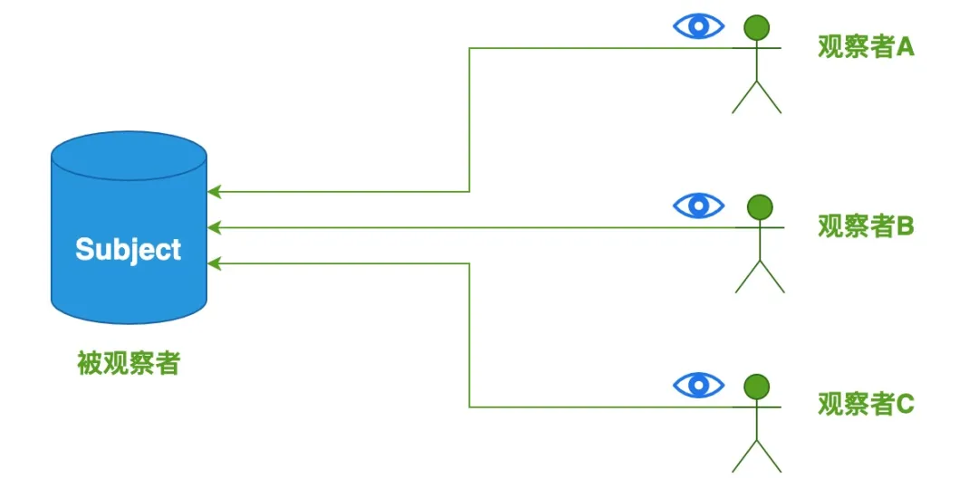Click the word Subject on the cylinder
[x=129, y=250]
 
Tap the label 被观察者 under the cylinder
[x=129, y=363]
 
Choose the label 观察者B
[x=866, y=227]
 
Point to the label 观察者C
[x=866, y=405]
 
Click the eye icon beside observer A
[x=698, y=26]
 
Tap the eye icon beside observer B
[x=698, y=205]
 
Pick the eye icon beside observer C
[x=698, y=384]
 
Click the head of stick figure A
[x=756, y=27]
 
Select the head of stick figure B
[x=760, y=207]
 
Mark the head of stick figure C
[x=756, y=387]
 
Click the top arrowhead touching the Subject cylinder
[x=214, y=192]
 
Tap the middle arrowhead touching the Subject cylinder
[x=214, y=227]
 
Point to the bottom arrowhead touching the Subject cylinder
[x=214, y=263]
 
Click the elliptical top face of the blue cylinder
[x=129, y=155]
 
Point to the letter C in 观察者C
[x=906, y=405]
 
